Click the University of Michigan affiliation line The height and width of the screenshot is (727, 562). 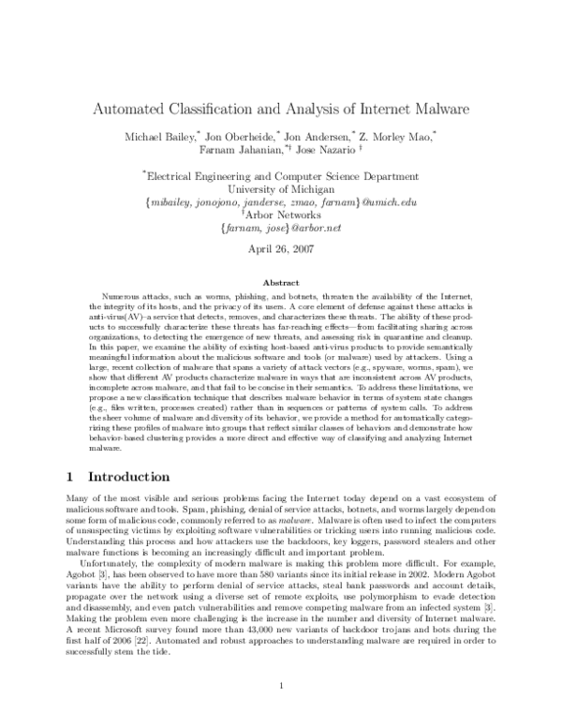[281, 188]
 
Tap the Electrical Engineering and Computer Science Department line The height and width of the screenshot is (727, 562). [281, 175]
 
